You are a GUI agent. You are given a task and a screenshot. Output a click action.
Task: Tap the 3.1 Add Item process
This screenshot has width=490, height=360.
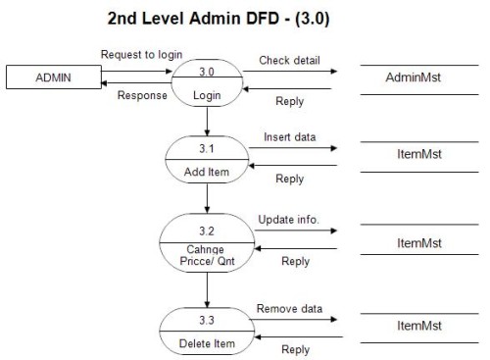point(207,158)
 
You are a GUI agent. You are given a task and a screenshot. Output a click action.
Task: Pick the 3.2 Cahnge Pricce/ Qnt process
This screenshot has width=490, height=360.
point(207,241)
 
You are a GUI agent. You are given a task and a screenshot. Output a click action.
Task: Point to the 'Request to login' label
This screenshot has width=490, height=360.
point(134,54)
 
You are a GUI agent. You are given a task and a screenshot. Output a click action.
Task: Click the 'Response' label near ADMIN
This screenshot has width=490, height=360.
point(141,96)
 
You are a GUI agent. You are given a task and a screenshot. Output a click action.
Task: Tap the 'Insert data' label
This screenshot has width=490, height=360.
point(289,137)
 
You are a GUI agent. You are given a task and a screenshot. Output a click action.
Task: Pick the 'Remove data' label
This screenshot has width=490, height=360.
point(289,309)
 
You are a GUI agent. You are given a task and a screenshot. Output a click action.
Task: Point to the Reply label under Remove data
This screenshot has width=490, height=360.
point(295,349)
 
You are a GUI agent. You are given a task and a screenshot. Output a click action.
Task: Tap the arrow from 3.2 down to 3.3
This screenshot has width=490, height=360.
point(207,289)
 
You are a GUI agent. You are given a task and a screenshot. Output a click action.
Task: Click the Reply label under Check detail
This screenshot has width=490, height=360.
point(289,101)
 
